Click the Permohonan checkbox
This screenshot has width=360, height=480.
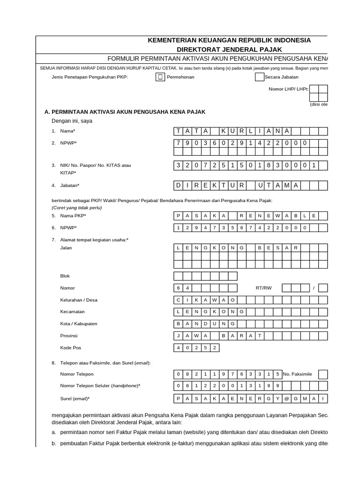click(160, 77)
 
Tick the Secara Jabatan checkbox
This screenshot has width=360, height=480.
click(259, 77)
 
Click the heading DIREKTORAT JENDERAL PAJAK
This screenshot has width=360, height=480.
click(229, 49)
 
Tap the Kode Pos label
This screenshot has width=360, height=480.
click(71, 348)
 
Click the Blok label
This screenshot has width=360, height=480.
click(65, 276)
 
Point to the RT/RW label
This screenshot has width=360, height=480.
click(263, 288)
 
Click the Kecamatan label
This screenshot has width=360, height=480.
click(73, 312)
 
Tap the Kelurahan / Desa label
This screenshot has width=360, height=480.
click(79, 300)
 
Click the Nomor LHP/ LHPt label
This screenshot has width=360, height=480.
click(288, 89)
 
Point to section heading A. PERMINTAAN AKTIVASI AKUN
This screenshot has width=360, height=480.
click(125, 112)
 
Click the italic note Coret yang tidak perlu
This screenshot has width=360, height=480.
click(76, 208)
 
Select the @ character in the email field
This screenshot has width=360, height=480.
click(295, 398)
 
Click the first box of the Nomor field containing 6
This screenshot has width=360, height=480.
click(178, 288)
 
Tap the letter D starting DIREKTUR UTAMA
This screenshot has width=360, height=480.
click(178, 186)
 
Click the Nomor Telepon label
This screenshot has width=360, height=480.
click(77, 374)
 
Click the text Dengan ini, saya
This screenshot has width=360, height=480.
click(72, 121)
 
